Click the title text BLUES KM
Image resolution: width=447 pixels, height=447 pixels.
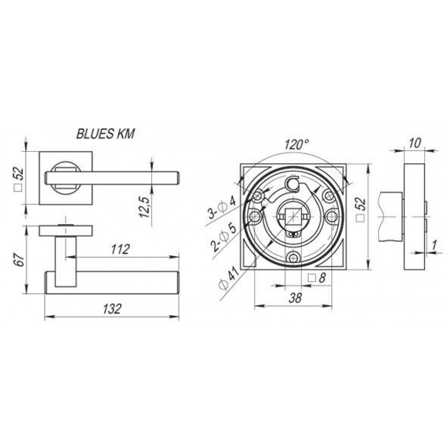tap(105, 134)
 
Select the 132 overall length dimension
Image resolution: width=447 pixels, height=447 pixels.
tap(112, 309)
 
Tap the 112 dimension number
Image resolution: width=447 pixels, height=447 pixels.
tap(120, 249)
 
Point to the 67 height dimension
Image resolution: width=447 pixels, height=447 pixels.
tap(18, 259)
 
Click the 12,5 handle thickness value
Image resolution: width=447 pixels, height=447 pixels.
tap(145, 207)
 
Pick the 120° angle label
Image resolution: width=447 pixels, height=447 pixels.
tap(296, 144)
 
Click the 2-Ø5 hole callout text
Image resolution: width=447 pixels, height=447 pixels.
tap(223, 238)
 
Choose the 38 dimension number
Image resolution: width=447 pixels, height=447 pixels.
tap(295, 298)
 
